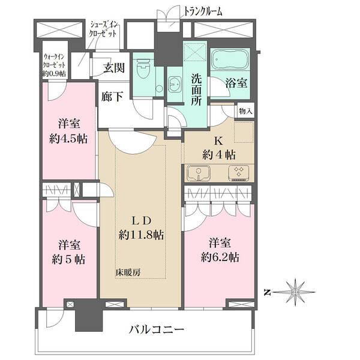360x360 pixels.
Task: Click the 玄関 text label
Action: [113, 67]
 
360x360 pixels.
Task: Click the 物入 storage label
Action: [246, 110]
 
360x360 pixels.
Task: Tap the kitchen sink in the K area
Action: [198, 173]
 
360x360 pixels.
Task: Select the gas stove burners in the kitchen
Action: [238, 173]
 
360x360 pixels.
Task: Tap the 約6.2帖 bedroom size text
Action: [220, 257]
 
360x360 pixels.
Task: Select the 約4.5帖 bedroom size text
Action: [69, 139]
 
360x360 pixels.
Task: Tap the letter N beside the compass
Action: [268, 293]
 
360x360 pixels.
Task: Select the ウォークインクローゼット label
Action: [55, 65]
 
